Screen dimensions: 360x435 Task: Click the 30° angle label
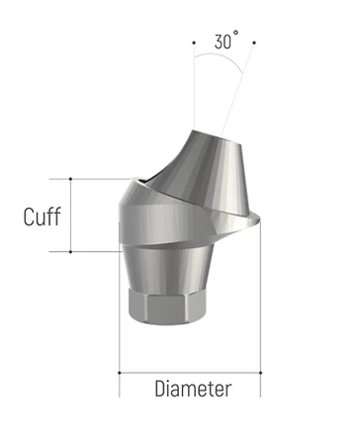coord(226,41)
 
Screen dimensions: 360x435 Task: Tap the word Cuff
coord(43,217)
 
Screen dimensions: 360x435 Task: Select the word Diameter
coord(193,389)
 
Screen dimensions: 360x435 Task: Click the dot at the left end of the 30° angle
coord(194,43)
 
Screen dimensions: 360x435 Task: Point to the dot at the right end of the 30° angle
coord(254,43)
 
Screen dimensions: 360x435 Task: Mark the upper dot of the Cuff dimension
coord(70,179)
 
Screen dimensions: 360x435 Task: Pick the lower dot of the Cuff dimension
coord(70,252)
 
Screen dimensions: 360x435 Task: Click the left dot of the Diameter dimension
coord(120,373)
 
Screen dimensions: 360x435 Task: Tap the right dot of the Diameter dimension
coord(260,373)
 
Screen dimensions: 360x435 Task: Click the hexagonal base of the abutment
coord(166,307)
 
